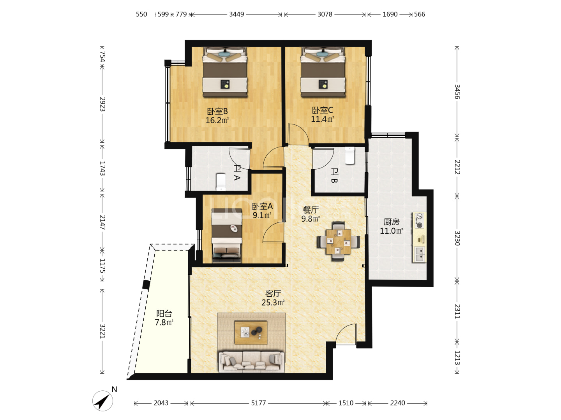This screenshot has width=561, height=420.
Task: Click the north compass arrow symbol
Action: click(x=103, y=401)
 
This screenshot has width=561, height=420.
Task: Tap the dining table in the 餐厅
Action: click(x=339, y=241)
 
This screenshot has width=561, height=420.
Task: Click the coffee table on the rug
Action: click(x=251, y=332)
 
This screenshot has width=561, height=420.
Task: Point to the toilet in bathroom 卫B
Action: click(x=349, y=155)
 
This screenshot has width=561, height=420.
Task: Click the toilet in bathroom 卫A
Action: click(x=221, y=182)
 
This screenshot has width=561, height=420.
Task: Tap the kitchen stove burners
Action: click(x=419, y=221)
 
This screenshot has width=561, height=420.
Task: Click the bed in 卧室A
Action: click(x=227, y=235)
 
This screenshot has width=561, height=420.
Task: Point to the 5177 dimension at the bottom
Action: click(x=258, y=402)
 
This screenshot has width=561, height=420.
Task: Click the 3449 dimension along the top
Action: click(x=236, y=14)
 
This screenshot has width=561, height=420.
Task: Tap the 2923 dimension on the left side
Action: click(x=102, y=104)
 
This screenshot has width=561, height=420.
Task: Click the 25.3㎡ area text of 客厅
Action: click(x=273, y=303)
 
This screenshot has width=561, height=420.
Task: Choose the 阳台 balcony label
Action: click(x=164, y=313)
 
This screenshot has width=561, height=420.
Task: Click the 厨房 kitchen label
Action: click(x=391, y=222)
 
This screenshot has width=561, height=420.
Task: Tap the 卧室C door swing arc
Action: click(x=302, y=130)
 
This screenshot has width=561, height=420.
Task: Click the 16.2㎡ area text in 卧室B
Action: click(x=217, y=120)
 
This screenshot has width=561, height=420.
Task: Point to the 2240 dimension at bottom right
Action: click(x=397, y=402)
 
